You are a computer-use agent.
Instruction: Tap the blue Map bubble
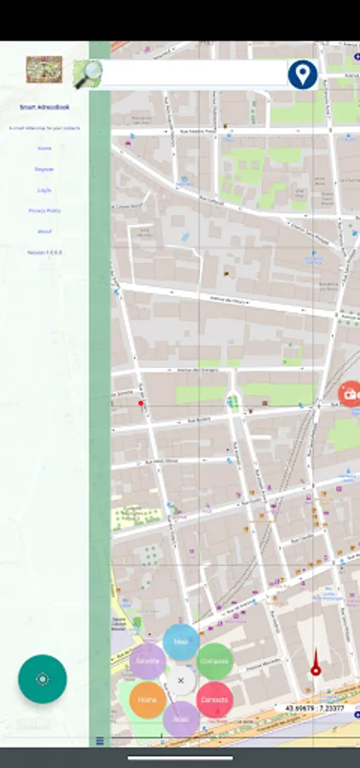pos(181,642)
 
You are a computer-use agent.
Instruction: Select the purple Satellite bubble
pos(148,661)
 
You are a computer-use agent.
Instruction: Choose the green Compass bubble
pos(215,661)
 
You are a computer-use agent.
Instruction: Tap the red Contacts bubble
pos(214,700)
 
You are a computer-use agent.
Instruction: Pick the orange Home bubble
pos(148,700)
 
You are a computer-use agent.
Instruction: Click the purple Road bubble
pos(181,719)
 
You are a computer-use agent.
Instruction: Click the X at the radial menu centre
pos(181,680)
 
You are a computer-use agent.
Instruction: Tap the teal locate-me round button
pos(43,679)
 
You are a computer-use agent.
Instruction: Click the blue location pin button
pos(301,74)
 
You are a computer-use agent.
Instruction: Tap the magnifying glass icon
pos(87,74)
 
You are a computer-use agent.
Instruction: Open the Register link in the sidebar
pos(44,169)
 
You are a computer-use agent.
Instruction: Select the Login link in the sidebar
pos(44,189)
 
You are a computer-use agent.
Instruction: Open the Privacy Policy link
pos(44,210)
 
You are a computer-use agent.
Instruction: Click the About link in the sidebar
pos(44,231)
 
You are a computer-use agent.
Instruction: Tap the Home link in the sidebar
pos(44,148)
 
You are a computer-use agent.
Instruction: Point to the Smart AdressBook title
pos(44,108)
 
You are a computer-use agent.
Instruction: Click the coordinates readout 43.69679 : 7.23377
pos(315,708)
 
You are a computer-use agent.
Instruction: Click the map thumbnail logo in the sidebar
pos(44,69)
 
